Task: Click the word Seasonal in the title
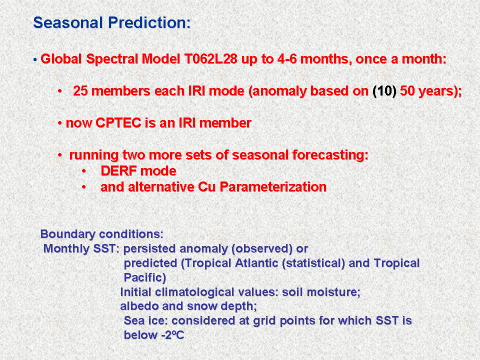(67, 22)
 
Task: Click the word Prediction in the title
(147, 22)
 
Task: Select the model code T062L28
(211, 59)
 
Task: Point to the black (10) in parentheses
(384, 91)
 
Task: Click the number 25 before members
(80, 91)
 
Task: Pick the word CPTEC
(118, 123)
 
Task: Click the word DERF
(118, 171)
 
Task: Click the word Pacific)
(145, 277)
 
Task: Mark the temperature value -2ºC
(173, 335)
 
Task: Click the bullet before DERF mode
(84, 171)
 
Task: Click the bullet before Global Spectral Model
(35, 59)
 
